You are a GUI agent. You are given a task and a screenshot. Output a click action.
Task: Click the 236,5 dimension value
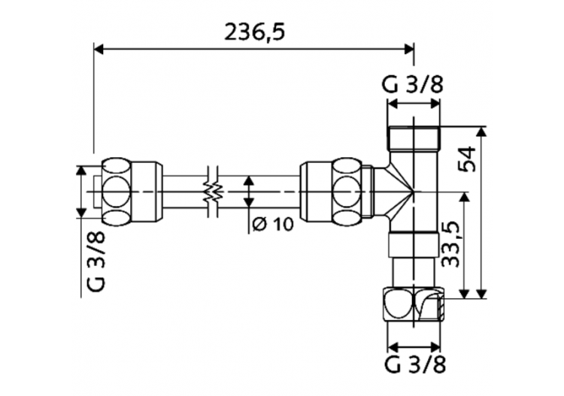pyautogui.click(x=255, y=32)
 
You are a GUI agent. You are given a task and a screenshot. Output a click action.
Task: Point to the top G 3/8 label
pyautogui.click(x=413, y=85)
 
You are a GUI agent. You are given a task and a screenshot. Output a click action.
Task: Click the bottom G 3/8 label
pyautogui.click(x=413, y=366)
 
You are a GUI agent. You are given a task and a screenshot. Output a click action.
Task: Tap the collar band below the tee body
pyautogui.click(x=414, y=244)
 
